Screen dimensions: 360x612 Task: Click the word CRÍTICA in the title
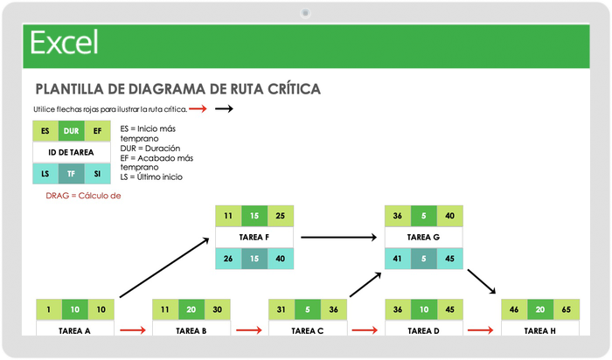289,89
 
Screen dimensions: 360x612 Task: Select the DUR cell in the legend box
72,131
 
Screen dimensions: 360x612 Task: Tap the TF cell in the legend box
72,174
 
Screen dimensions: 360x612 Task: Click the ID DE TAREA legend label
72,152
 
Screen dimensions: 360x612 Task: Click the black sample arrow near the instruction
224,109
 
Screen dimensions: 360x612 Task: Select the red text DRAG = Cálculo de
83,196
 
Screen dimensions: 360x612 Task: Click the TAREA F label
255,237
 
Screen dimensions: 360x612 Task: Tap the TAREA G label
424,237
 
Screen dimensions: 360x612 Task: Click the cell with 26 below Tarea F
228,259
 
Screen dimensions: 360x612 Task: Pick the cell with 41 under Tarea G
398,259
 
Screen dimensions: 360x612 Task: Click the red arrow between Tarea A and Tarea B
133,330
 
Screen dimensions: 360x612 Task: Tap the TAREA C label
309,331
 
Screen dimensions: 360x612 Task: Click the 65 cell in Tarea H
567,310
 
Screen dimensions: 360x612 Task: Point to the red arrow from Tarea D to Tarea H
481,330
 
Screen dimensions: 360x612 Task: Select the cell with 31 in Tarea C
282,310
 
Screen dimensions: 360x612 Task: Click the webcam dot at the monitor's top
306,12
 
